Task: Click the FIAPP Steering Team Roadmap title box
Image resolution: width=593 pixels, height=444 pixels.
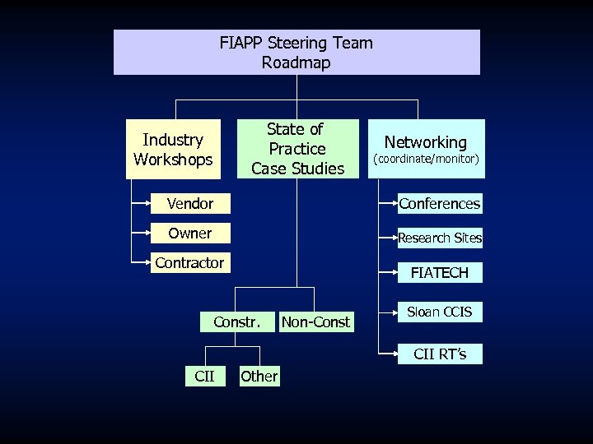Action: click(296, 52)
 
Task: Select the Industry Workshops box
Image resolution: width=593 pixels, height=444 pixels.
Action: click(173, 150)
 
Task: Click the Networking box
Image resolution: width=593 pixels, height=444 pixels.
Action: click(426, 149)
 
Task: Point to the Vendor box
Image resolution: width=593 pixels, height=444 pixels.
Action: click(190, 203)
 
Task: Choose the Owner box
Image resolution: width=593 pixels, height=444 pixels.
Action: click(190, 234)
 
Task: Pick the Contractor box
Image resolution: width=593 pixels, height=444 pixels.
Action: click(190, 263)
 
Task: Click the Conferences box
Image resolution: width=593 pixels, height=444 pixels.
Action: click(439, 203)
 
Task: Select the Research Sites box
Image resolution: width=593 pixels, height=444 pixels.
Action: click(440, 238)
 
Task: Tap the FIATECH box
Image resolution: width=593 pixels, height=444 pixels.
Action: click(439, 273)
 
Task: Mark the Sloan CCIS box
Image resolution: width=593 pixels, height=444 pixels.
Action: click(440, 312)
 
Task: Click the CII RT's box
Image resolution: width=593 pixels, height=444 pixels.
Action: click(440, 354)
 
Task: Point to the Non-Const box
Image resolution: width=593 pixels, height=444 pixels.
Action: click(316, 321)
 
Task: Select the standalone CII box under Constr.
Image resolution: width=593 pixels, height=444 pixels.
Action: click(204, 377)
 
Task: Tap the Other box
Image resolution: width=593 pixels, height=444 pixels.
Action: click(259, 377)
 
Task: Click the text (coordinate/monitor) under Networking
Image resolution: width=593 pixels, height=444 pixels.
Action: click(426, 158)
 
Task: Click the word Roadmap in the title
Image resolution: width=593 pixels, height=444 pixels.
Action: click(296, 62)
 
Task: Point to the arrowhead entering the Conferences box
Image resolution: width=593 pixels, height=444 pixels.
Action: click(393, 203)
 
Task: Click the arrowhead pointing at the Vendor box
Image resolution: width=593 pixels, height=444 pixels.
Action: click(147, 203)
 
